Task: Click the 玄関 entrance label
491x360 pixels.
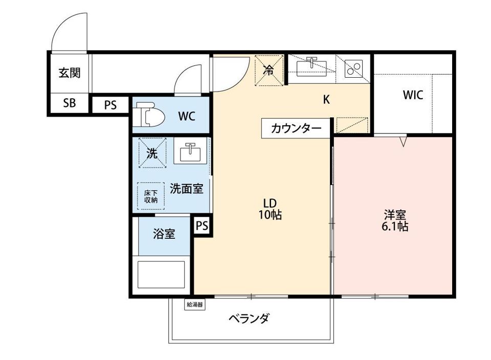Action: pos(69,73)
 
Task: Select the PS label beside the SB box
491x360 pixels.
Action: pos(110,105)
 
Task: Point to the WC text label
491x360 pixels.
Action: pos(186,116)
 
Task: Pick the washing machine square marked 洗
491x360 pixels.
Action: pos(152,153)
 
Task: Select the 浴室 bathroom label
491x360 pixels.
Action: pos(164,234)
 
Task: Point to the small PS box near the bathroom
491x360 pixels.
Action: pos(202,226)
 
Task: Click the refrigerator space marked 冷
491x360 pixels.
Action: pos(269,71)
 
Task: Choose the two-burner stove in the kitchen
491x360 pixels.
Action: pos(354,68)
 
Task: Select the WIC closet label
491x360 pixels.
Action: pos(413,95)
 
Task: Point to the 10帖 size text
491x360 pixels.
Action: pos(270,215)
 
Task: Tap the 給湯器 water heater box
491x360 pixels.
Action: pos(194,305)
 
